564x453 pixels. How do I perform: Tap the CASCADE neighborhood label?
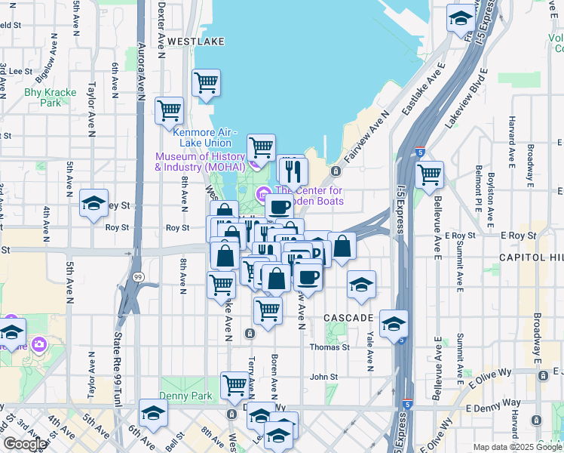click(x=349, y=318)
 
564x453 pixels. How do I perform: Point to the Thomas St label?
click(x=330, y=347)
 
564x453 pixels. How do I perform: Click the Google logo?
click(x=25, y=444)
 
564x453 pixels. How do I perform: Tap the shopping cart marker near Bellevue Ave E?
click(x=429, y=174)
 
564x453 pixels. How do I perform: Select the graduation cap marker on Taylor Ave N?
click(x=94, y=203)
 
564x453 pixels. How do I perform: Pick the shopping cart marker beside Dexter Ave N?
click(x=169, y=110)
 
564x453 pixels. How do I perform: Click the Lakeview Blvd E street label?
click(x=463, y=98)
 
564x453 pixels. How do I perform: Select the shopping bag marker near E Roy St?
click(x=342, y=246)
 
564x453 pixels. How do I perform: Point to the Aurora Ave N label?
click(x=141, y=72)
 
